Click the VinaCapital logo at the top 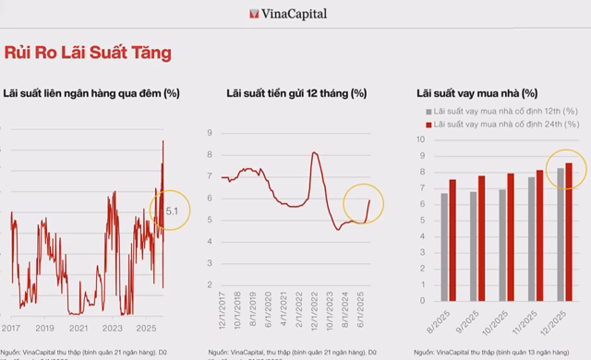pos(288,13)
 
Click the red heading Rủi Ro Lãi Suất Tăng pos(89,53)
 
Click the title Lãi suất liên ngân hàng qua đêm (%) pos(90,93)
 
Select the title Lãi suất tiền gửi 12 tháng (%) pos(295,93)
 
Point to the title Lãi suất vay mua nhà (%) pos(476,93)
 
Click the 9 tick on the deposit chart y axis pos(211,132)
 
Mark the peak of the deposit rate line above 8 pos(315,152)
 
